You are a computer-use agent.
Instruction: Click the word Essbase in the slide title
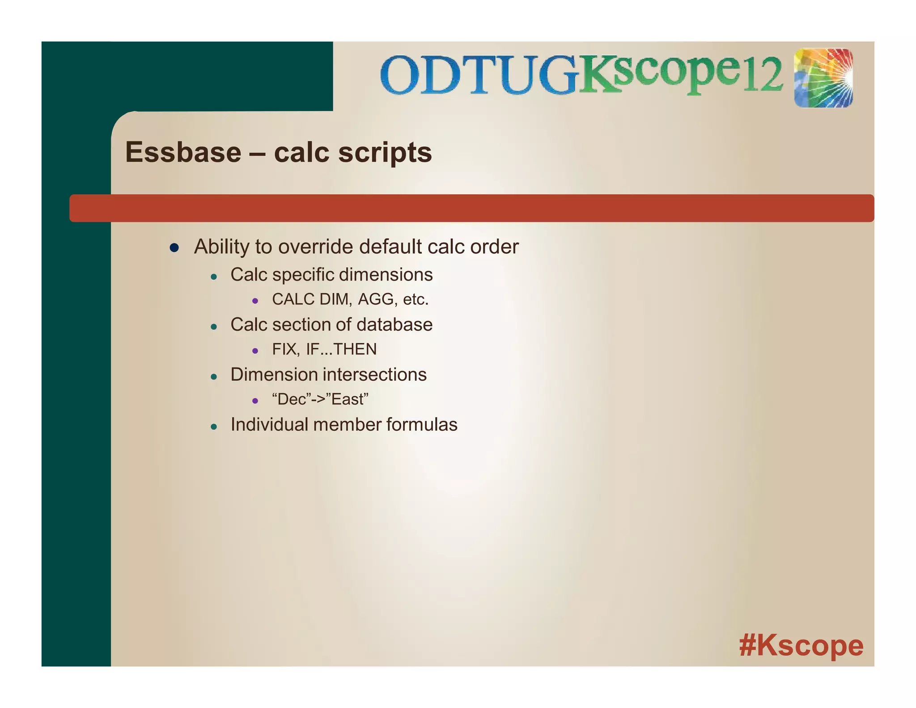click(183, 152)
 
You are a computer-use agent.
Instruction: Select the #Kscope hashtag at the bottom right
click(801, 646)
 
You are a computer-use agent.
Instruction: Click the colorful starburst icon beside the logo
click(823, 78)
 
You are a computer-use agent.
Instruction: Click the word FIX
click(285, 349)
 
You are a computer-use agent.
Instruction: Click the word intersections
click(376, 375)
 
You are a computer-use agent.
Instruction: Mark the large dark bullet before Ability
click(174, 247)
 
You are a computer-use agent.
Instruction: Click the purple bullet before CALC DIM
click(255, 301)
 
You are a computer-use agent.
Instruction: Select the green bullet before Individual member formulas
click(214, 427)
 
